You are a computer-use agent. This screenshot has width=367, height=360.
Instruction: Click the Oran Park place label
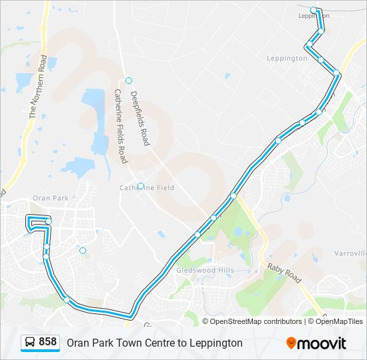(x=51, y=198)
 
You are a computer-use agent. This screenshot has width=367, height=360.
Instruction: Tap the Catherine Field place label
(x=146, y=188)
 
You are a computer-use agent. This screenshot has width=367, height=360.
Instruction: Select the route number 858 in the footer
(x=47, y=342)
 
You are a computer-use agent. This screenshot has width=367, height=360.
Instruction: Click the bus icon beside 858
(x=30, y=343)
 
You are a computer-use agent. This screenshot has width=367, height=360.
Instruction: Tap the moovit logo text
(x=322, y=343)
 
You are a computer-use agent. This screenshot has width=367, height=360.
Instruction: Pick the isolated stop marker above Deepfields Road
(x=129, y=81)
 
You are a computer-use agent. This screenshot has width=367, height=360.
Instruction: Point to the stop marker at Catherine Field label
(x=141, y=187)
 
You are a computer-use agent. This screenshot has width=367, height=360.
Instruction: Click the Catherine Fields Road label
(x=120, y=126)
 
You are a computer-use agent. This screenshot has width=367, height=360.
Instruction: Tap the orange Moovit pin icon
(x=292, y=343)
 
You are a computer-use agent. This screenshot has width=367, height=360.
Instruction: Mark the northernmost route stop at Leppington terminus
(x=314, y=10)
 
